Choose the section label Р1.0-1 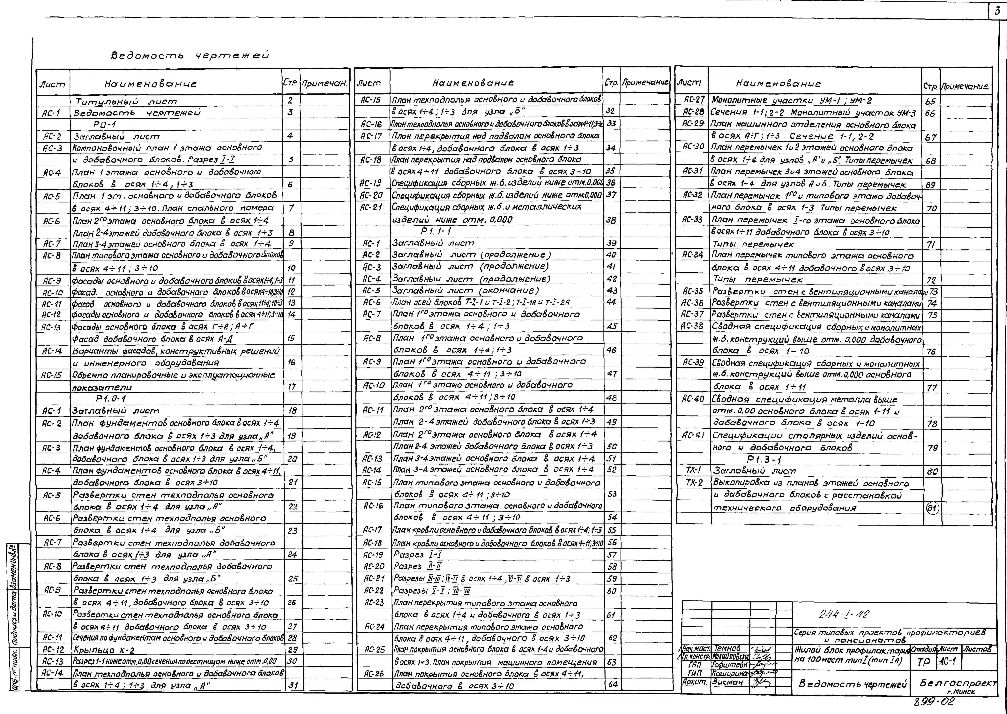tap(111, 399)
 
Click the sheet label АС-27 tap(694, 100)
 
